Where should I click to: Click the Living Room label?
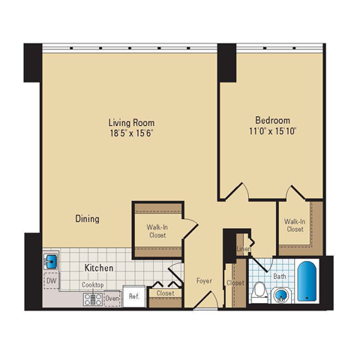point(131,123)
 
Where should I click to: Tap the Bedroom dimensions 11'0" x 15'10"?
point(273,131)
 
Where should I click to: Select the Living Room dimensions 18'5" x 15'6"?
point(131,133)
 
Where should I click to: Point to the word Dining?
point(88,219)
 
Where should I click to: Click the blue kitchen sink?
point(51,262)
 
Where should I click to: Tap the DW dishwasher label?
point(51,280)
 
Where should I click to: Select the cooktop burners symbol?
point(93,299)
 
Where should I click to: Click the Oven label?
point(112,298)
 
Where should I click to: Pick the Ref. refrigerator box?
point(134,296)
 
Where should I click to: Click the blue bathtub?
point(307,281)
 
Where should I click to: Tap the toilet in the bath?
point(259,292)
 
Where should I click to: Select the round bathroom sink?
point(281,295)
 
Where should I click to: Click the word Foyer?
point(204,280)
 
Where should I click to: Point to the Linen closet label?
point(244,249)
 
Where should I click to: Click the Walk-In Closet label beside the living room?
point(157,231)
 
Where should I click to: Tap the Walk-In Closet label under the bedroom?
point(295,225)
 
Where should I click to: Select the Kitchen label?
point(99,268)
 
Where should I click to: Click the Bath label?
point(280,277)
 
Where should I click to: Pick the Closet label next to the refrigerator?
point(165,292)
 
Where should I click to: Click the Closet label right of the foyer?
point(235,283)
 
